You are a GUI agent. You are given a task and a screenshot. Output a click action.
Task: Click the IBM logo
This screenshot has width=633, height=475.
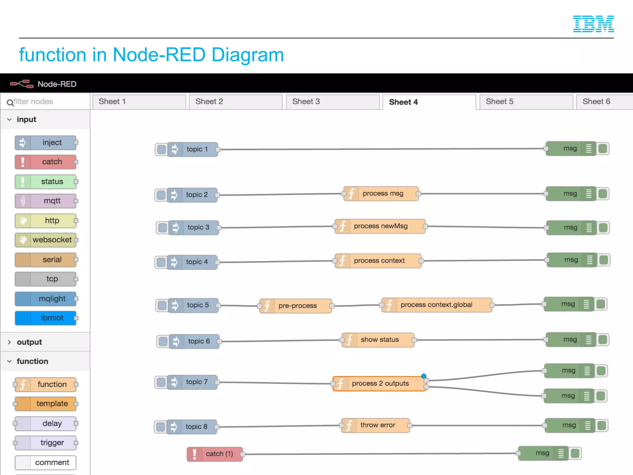[593, 24]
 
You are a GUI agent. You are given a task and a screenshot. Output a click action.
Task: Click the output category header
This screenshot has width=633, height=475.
[30, 342]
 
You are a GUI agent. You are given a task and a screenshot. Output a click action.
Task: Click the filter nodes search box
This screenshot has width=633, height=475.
[46, 101]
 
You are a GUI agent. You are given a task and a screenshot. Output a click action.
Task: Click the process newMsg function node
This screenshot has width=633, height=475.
[380, 226]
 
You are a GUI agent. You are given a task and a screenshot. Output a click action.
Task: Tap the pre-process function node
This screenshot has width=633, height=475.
[297, 306]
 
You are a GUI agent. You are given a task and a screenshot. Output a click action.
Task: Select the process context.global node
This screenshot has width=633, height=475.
[436, 305]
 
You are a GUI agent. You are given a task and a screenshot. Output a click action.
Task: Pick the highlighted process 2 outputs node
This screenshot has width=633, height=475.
[380, 384]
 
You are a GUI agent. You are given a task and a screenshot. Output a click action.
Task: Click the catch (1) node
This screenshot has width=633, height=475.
[219, 454]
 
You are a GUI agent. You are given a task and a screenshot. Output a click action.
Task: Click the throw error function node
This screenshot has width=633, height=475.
[377, 426]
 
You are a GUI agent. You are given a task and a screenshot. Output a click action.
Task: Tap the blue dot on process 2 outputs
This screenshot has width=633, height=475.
[424, 376]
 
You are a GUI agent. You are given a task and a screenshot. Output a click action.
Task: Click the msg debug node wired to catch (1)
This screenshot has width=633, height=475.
[543, 453]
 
